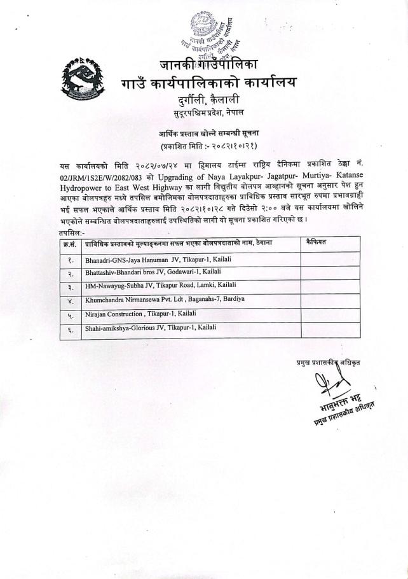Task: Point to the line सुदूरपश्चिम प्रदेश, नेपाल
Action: (x=205, y=115)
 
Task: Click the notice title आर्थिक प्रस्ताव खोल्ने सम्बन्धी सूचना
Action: (x=204, y=134)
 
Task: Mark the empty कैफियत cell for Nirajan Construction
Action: (x=330, y=315)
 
